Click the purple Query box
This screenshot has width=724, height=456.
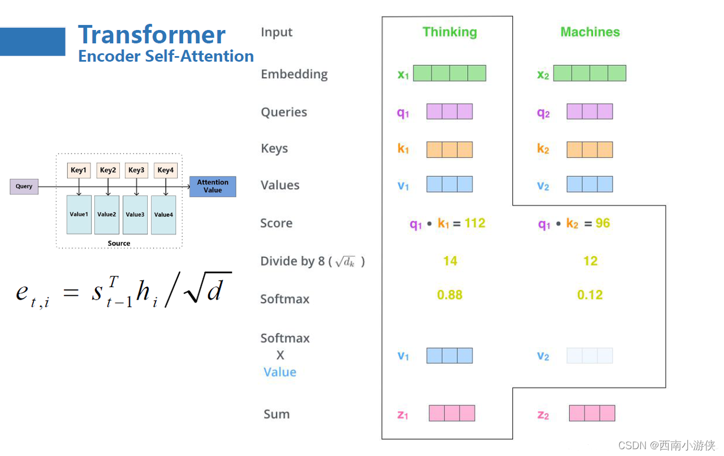coord(24,186)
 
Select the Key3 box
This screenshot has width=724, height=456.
coord(136,170)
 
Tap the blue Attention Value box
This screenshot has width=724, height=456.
coord(213,186)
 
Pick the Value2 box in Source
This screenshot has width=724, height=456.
coord(107,215)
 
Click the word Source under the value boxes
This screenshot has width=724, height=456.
coord(119,244)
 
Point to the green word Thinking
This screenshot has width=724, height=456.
coord(450,32)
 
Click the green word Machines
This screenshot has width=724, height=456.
coord(590,32)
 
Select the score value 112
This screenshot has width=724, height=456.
coord(475,223)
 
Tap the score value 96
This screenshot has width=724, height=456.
coord(602,223)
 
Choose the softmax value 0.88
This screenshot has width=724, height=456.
coord(450,295)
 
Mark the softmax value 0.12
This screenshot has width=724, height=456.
coord(590,295)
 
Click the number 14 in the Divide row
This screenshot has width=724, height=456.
coord(450,261)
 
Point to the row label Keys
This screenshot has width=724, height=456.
coord(274,149)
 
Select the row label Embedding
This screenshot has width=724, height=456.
coord(294,74)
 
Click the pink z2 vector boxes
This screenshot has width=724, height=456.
coord(592,413)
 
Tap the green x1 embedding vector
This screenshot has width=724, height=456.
coord(449,73)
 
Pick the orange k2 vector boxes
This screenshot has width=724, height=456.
coord(589,150)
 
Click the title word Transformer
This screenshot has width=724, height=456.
coord(152,35)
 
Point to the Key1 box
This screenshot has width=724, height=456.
coord(79,170)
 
